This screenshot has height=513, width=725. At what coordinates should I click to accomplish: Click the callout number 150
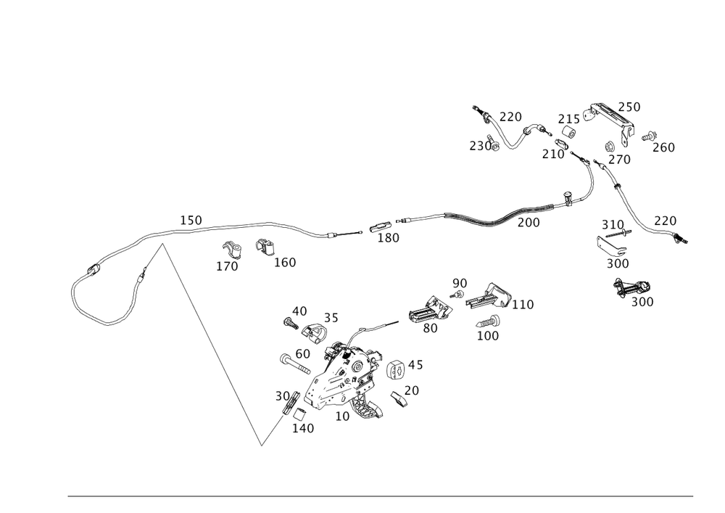pos(191,219)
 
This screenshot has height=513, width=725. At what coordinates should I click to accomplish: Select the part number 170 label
pos(227,266)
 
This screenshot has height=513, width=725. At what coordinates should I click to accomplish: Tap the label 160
pos(285,262)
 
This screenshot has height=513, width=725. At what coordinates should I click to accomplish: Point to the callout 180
pos(389,238)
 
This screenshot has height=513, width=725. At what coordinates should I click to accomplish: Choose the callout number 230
pos(479,145)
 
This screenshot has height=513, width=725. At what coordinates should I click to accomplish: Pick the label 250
pos(629,107)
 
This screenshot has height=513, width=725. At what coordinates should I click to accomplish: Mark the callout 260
pos(663,147)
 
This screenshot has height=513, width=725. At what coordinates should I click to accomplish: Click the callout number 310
pos(612,223)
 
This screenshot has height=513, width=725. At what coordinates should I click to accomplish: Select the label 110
pos(522,305)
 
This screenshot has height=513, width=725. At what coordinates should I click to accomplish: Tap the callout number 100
pos(488,336)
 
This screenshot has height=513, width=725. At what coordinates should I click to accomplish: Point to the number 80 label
pos(430,328)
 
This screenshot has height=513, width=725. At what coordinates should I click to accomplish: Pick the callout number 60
pos(302,353)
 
